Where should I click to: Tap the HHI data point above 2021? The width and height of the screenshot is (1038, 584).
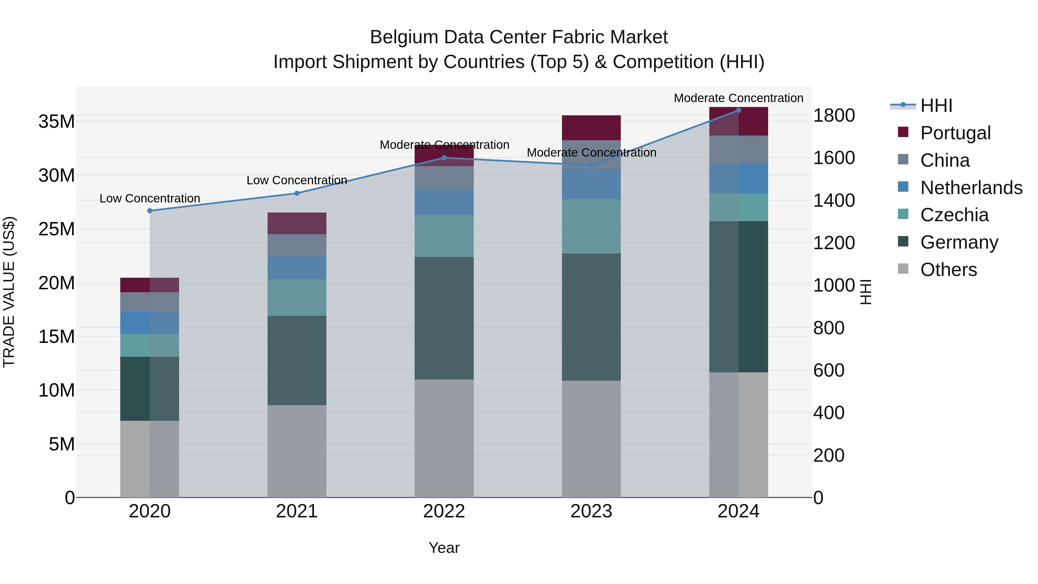coord(297,194)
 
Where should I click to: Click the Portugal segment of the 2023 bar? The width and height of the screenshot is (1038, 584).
coord(591,128)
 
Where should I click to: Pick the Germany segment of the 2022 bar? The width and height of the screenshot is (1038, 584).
coord(444,318)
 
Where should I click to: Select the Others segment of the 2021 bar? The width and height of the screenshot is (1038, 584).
coord(297,451)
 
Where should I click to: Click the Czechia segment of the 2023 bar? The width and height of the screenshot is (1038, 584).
coord(591,226)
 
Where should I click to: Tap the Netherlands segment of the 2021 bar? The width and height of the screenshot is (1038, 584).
coord(297,268)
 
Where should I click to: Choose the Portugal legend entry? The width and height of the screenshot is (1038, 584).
coord(955,133)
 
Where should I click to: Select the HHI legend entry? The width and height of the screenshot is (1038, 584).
coord(936,106)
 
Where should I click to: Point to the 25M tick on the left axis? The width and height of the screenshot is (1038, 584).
coord(57,229)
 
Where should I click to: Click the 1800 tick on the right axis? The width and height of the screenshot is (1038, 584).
coord(834,115)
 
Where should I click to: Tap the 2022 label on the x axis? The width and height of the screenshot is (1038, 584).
coord(444,511)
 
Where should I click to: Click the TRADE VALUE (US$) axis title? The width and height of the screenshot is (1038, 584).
coord(9,292)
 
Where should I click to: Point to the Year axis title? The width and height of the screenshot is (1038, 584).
coord(444,548)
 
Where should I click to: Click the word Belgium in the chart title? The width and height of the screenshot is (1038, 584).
coord(404,37)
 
